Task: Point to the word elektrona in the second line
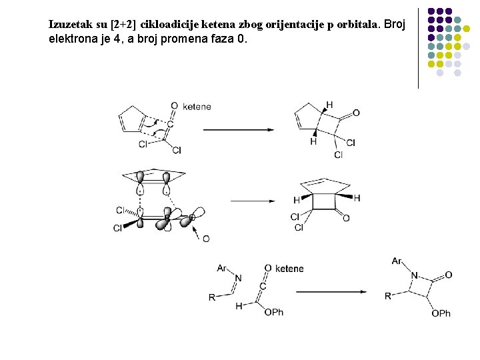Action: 71,39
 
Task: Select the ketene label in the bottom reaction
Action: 289,269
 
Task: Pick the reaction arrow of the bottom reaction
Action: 331,291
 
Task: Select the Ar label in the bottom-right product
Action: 397,261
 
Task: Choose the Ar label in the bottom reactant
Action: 222,268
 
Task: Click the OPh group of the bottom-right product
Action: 441,313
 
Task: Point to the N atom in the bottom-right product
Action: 414,275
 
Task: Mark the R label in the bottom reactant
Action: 212,297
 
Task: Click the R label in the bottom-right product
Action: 388,296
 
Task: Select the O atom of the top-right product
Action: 356,113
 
